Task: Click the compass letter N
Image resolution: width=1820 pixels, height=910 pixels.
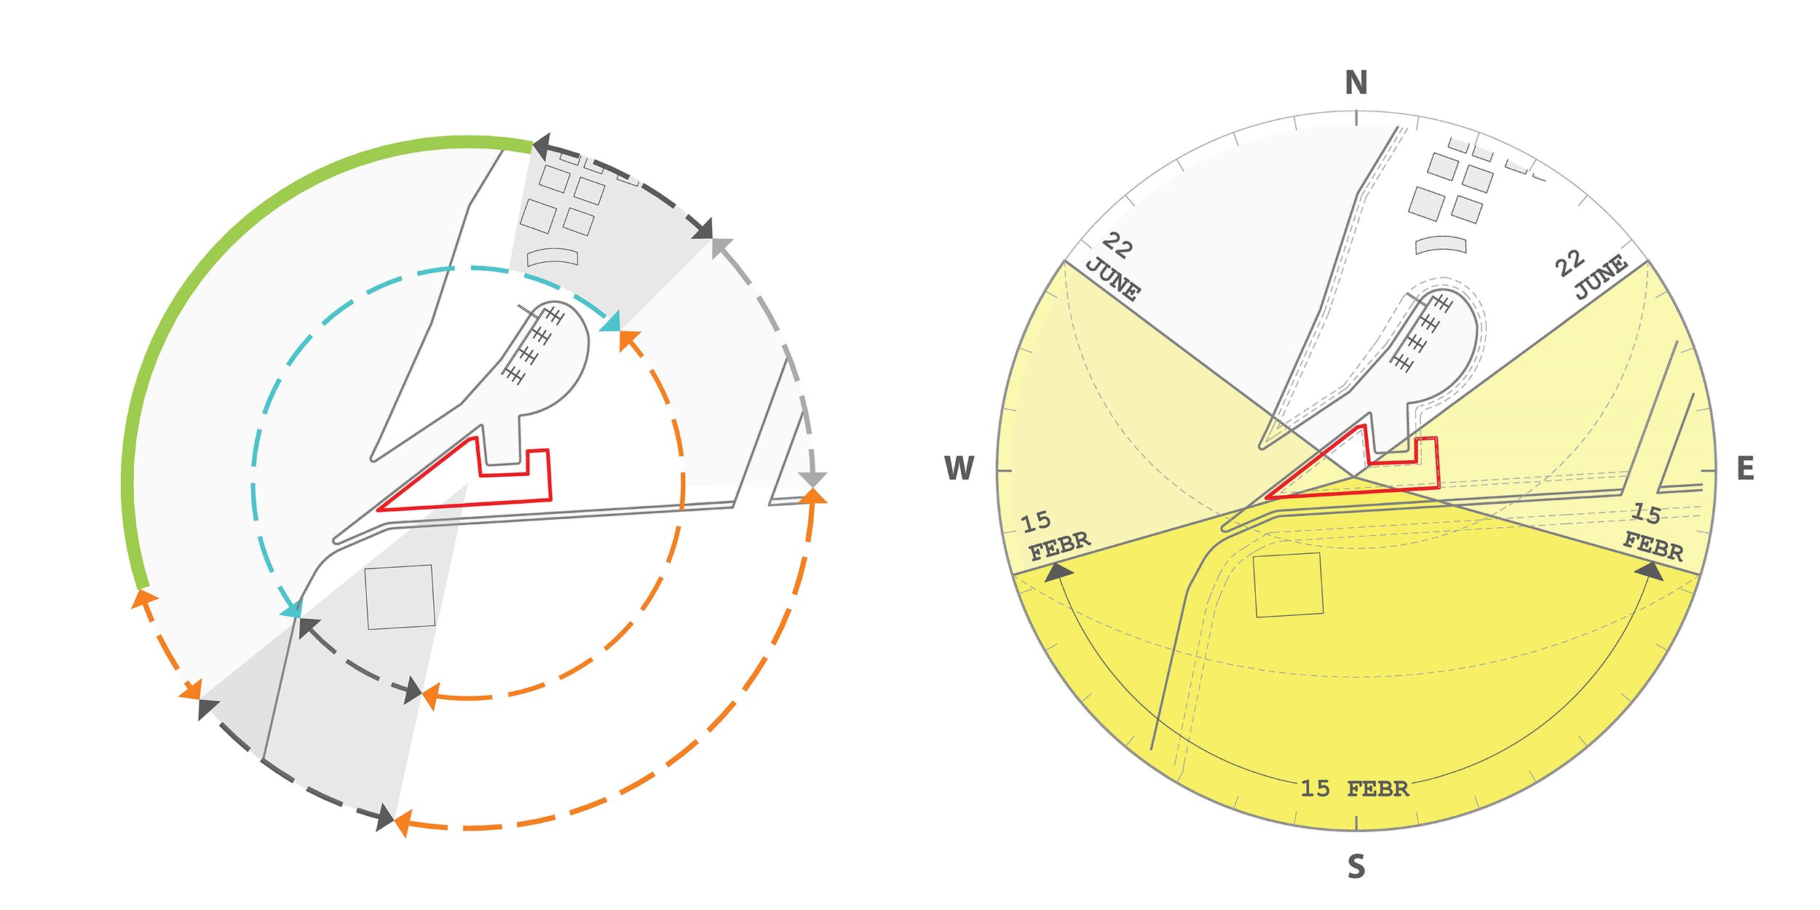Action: (x=1356, y=83)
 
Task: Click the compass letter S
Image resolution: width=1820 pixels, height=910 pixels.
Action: (x=1356, y=866)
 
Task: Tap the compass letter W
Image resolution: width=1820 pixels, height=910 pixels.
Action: (x=959, y=468)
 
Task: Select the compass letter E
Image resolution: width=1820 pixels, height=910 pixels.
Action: (x=1745, y=469)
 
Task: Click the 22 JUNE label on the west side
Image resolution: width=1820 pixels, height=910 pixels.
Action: (x=1114, y=266)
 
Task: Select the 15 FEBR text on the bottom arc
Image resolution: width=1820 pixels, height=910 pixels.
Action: (x=1354, y=788)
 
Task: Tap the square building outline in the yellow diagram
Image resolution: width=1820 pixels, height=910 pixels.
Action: (x=1288, y=585)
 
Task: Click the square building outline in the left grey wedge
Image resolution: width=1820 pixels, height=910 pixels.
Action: (x=400, y=596)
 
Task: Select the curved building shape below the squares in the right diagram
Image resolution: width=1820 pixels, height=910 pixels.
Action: (x=1440, y=245)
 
